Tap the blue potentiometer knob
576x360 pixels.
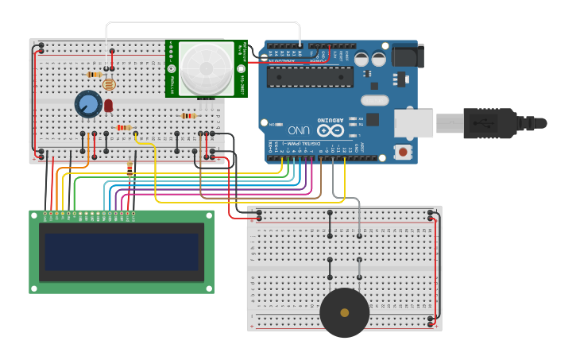click(x=87, y=104)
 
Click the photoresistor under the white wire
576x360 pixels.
click(x=109, y=83)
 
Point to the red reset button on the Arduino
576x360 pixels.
click(x=404, y=151)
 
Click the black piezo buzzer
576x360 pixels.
click(x=344, y=312)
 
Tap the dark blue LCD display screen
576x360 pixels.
click(x=121, y=251)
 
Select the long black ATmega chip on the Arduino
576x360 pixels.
click(x=310, y=76)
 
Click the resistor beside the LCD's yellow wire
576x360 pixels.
click(x=130, y=168)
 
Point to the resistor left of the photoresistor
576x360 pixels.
click(x=94, y=75)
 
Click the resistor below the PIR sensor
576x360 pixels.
click(x=188, y=116)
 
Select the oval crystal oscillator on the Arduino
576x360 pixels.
click(x=374, y=100)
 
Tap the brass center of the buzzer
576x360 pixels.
click(x=344, y=312)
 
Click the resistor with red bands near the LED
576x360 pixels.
click(x=124, y=127)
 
